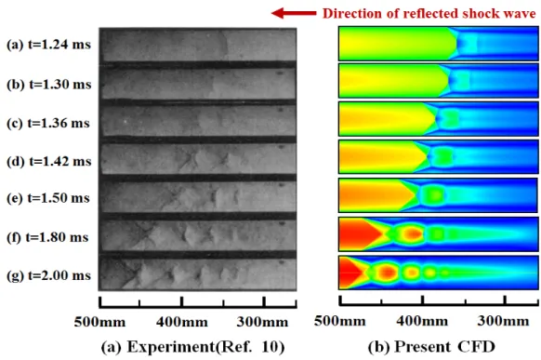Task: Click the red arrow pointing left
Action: point(294,13)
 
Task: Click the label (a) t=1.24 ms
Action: point(48,45)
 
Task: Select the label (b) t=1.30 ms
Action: point(49,85)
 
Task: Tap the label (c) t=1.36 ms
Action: point(48,123)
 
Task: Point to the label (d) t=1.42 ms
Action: point(49,161)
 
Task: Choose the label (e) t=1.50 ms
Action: point(48,198)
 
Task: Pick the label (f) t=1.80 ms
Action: point(47,237)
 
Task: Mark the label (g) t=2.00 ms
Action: point(48,275)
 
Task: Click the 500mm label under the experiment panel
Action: point(99,322)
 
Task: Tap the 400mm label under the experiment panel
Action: point(182,322)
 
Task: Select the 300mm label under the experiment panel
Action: point(262,322)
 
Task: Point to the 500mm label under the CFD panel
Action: point(340,321)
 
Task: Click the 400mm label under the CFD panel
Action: point(422,321)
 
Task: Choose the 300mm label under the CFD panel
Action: point(503,321)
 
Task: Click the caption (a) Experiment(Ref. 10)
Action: point(192,347)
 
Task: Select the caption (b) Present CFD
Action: point(431,347)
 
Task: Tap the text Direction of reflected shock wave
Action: point(429,13)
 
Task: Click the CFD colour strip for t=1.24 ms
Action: point(438,44)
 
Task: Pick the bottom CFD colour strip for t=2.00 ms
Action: point(438,273)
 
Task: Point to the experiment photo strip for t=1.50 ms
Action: point(198,196)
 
